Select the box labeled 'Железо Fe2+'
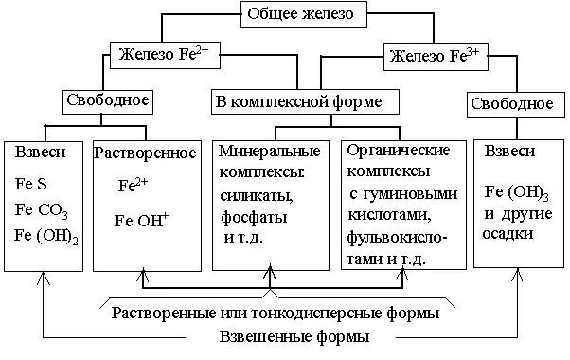(x=167, y=55)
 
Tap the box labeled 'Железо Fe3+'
(x=436, y=57)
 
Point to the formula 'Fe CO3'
(x=43, y=210)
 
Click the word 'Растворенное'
(x=145, y=153)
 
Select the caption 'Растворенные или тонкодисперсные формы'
(x=276, y=312)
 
